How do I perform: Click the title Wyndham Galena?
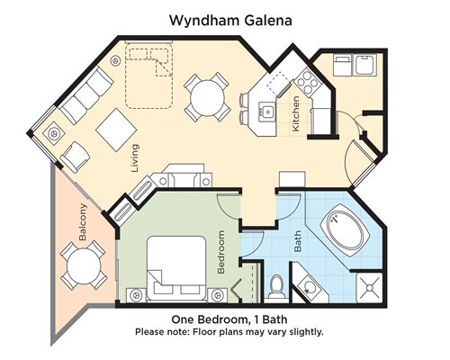click(x=230, y=21)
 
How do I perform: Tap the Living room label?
click(x=135, y=158)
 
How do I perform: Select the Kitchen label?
click(x=295, y=113)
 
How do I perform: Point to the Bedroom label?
click(x=220, y=252)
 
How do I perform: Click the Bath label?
click(x=298, y=241)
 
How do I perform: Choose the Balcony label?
click(x=83, y=222)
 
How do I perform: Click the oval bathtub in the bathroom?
click(x=344, y=230)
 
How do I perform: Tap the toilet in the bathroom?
click(x=276, y=287)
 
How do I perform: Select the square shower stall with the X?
click(x=369, y=288)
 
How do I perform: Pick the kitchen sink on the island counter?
click(x=267, y=112)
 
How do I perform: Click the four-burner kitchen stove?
click(x=306, y=80)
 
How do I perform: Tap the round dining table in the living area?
click(x=207, y=97)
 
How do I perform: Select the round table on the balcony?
click(x=84, y=265)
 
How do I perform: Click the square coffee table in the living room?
click(x=116, y=130)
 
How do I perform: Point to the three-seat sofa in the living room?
click(x=85, y=95)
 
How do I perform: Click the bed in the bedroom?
click(x=176, y=269)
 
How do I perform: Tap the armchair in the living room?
click(x=75, y=157)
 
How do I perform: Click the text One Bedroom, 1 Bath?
click(x=229, y=319)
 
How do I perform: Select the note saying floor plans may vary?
click(x=229, y=332)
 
